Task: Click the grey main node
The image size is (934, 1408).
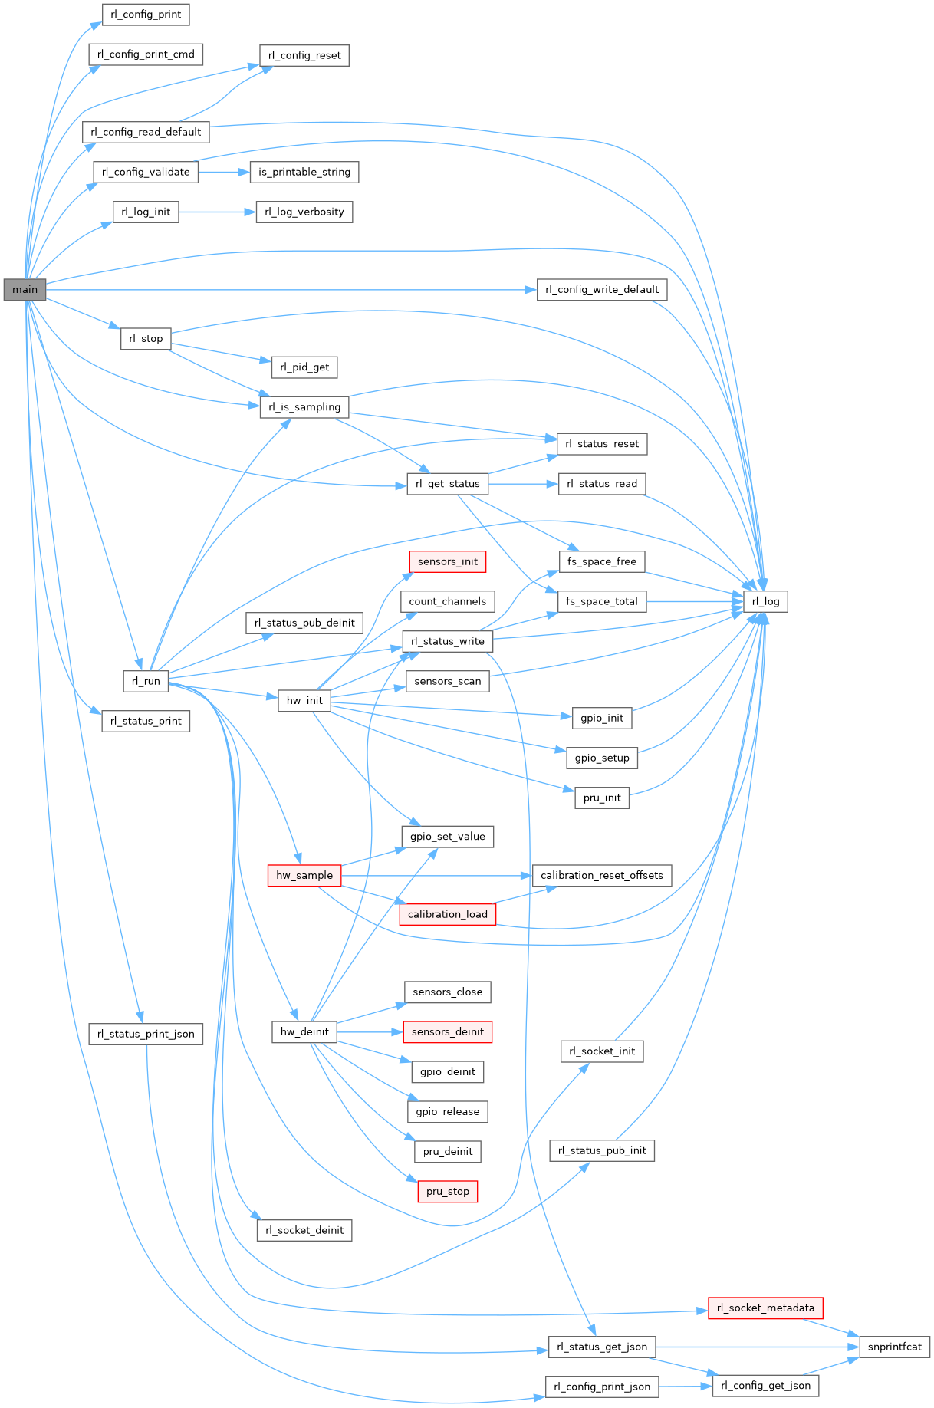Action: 25,290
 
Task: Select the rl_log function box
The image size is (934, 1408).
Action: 765,601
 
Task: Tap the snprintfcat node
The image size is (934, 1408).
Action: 894,1347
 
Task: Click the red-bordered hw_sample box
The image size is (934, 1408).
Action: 304,875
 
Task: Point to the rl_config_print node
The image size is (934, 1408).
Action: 146,15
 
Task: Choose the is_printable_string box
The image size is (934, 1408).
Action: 304,172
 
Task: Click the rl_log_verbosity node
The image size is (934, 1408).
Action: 304,212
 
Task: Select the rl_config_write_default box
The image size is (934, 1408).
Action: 601,289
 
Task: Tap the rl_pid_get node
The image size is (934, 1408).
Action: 304,367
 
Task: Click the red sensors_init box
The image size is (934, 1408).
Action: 447,561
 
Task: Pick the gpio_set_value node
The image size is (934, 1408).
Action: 447,836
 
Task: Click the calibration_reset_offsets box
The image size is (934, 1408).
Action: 601,875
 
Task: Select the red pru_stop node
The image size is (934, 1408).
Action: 447,1191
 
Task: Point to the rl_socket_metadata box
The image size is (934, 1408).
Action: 765,1308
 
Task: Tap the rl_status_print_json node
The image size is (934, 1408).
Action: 146,1034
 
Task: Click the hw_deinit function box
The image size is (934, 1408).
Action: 304,1031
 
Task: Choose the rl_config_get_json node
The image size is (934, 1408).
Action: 765,1386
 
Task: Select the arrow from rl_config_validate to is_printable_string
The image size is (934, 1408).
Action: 224,172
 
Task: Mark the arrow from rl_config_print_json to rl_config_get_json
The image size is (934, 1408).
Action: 685,1386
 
